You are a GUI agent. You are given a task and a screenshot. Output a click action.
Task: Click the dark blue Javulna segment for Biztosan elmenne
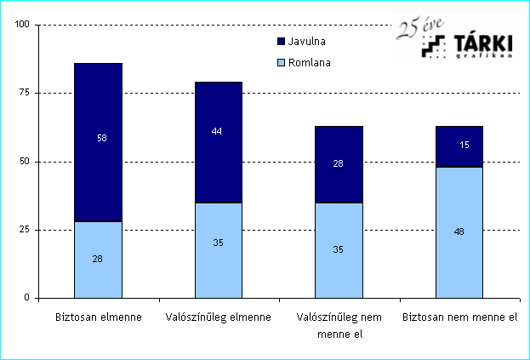[97, 111]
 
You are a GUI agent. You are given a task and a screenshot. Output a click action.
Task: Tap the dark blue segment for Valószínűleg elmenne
[218, 153]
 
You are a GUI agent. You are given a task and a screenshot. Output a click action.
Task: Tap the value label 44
[218, 132]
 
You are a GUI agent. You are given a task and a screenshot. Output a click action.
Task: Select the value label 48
[459, 230]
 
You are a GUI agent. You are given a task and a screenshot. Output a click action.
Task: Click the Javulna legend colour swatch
[282, 41]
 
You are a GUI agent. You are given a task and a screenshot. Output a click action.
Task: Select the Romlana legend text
[310, 62]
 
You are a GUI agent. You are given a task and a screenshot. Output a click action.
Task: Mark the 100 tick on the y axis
[22, 25]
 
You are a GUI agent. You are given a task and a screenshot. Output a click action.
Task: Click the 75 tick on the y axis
[25, 93]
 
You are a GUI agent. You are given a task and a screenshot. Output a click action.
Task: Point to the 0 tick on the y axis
[27, 298]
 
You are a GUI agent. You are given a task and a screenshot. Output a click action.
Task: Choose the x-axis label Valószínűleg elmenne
[218, 317]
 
